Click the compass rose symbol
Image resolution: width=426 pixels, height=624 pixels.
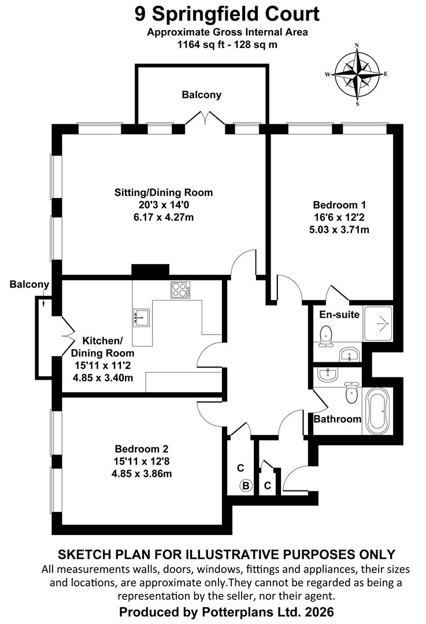[357, 74]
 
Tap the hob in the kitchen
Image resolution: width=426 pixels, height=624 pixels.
[180, 289]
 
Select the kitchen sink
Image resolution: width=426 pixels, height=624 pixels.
[141, 318]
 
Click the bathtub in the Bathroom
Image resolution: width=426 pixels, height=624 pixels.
[377, 411]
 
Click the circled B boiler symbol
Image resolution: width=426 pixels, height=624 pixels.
[246, 485]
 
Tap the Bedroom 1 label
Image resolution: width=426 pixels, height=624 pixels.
[339, 205]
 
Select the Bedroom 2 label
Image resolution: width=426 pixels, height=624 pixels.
[142, 449]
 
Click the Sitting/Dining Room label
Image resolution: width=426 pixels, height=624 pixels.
[164, 192]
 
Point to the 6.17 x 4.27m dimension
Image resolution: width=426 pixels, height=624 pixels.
[164, 217]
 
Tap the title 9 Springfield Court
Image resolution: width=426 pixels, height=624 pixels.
[227, 14]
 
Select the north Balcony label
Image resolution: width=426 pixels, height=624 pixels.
[202, 95]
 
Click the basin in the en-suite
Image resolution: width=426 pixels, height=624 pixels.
[350, 354]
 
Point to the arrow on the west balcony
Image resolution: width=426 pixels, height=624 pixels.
[43, 303]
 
